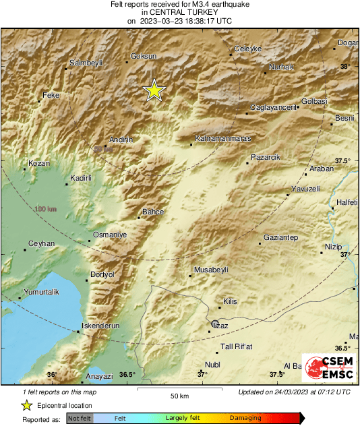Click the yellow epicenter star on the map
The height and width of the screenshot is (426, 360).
pyautogui.click(x=155, y=90)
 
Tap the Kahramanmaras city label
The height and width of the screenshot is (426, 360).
pyautogui.click(x=222, y=139)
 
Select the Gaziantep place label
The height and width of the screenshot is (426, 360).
pyautogui.click(x=280, y=238)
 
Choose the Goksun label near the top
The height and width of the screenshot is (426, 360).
pyautogui.click(x=143, y=57)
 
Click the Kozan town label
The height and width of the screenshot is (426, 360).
pyautogui.click(x=39, y=163)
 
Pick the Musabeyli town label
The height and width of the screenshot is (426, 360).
pyautogui.click(x=211, y=270)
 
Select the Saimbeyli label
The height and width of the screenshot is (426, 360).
pyautogui.click(x=85, y=63)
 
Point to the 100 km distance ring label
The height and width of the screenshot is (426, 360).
pyautogui.click(x=45, y=210)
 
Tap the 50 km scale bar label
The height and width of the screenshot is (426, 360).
pyautogui.click(x=178, y=396)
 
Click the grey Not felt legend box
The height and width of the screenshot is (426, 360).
pyautogui.click(x=80, y=419)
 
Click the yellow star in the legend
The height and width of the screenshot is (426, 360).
pyautogui.click(x=26, y=405)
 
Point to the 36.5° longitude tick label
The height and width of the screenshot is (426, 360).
pyautogui.click(x=127, y=375)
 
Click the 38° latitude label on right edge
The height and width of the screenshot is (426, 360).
pyautogui.click(x=345, y=67)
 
